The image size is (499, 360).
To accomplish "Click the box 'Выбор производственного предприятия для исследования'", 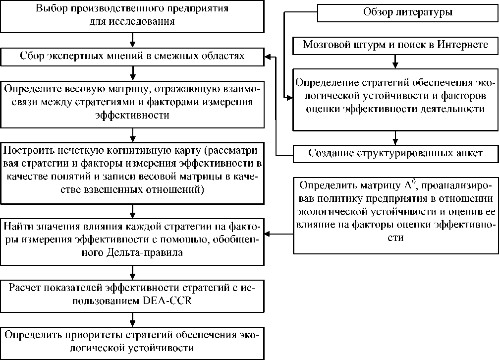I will tap(132, 16).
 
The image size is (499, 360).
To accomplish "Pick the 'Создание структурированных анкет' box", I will tap(395, 153).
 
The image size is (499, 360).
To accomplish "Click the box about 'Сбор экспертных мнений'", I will tap(132, 56).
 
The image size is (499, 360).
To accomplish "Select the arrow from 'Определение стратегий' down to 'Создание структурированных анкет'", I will tap(395, 137).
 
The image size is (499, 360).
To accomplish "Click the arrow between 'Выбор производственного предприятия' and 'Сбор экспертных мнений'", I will tap(132, 39).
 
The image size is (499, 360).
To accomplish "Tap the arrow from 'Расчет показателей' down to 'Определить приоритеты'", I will tap(132, 317).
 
